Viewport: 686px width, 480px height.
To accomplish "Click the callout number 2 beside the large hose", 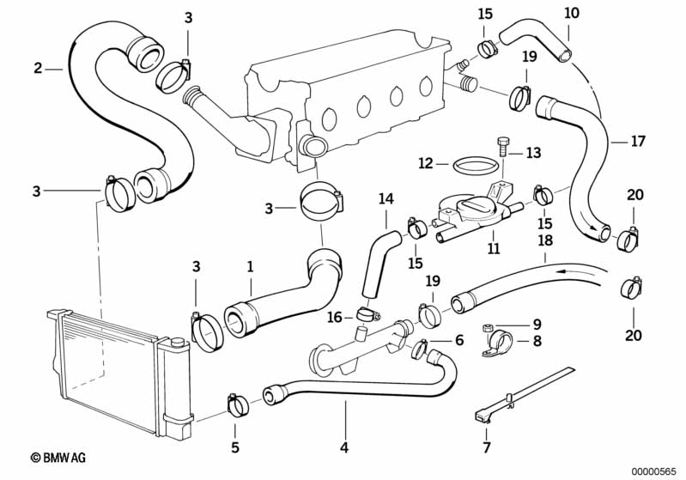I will (x=38, y=68).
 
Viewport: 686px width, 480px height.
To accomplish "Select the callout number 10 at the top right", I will (x=572, y=13).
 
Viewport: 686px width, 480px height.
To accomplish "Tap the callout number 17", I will (x=637, y=140).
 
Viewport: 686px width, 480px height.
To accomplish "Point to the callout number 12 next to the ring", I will (x=426, y=162).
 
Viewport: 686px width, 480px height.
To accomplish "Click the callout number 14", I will (x=385, y=199).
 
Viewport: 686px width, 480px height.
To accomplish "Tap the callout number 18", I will (x=544, y=243).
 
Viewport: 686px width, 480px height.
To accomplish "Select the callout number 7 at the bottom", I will (x=487, y=447).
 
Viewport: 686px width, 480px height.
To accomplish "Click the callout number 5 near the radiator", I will (x=235, y=447).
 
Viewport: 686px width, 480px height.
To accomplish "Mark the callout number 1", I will (x=250, y=267).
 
